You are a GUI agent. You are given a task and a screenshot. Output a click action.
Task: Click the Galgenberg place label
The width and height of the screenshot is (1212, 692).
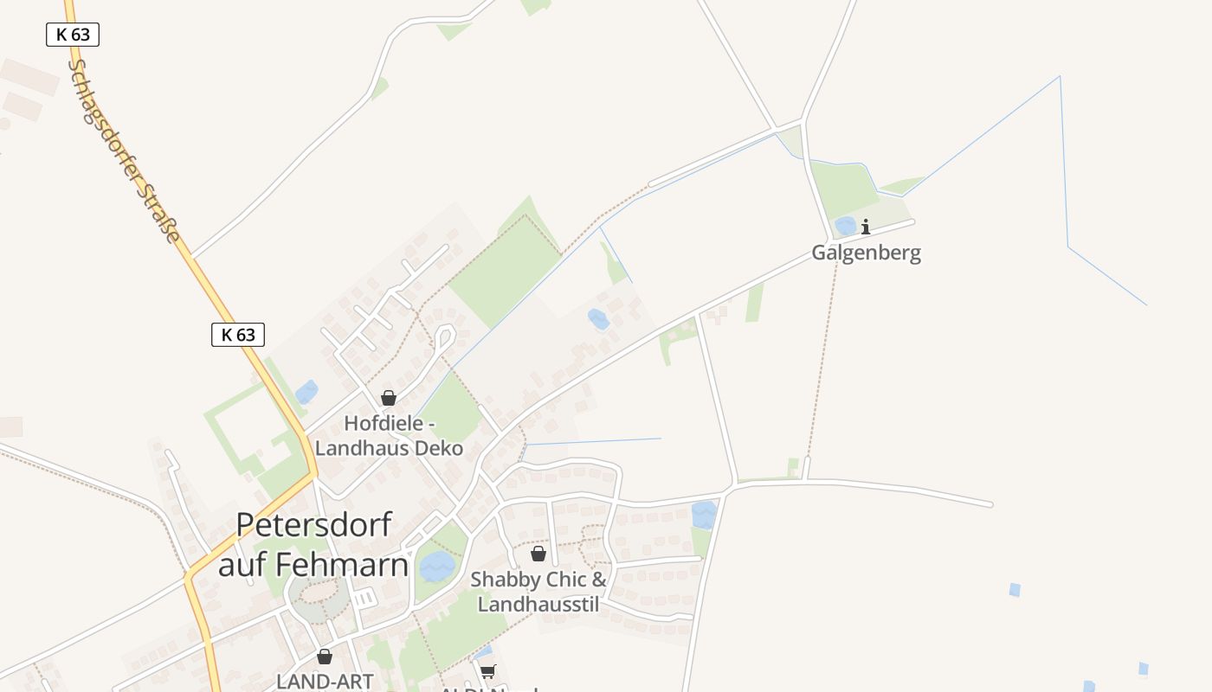point(866,253)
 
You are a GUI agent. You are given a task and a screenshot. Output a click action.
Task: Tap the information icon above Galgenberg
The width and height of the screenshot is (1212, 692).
point(865,227)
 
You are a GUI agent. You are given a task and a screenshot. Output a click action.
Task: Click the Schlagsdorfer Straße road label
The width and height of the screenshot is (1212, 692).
point(126,151)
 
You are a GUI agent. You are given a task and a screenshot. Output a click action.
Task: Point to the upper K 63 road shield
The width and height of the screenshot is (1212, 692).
point(73,35)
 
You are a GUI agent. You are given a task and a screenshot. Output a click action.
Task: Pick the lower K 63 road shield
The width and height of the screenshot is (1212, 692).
point(237,335)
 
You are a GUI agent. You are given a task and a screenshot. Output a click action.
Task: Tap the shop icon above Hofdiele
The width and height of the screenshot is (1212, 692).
point(389,398)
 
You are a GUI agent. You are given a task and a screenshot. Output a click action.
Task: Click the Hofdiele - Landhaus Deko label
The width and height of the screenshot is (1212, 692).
point(389,436)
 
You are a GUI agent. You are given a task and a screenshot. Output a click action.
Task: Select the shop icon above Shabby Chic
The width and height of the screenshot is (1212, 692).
point(538,554)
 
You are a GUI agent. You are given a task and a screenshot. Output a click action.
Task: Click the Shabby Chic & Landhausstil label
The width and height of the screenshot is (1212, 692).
point(538,592)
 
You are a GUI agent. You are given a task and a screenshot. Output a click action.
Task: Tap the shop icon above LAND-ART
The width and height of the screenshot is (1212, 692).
point(325,657)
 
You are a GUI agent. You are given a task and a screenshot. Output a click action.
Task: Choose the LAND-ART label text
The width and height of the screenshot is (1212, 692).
point(325,681)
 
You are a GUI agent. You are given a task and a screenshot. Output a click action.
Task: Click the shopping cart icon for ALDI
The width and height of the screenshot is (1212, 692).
point(488,671)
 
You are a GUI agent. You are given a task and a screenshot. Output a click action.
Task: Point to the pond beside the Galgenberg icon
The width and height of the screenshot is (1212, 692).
point(845,227)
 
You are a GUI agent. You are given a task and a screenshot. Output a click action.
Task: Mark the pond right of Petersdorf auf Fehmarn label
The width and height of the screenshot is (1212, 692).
point(437,567)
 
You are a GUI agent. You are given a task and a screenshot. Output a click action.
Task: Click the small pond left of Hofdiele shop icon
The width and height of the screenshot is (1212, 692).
point(306,393)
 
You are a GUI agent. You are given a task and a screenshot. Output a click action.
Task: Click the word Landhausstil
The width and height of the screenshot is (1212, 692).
point(538,604)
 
